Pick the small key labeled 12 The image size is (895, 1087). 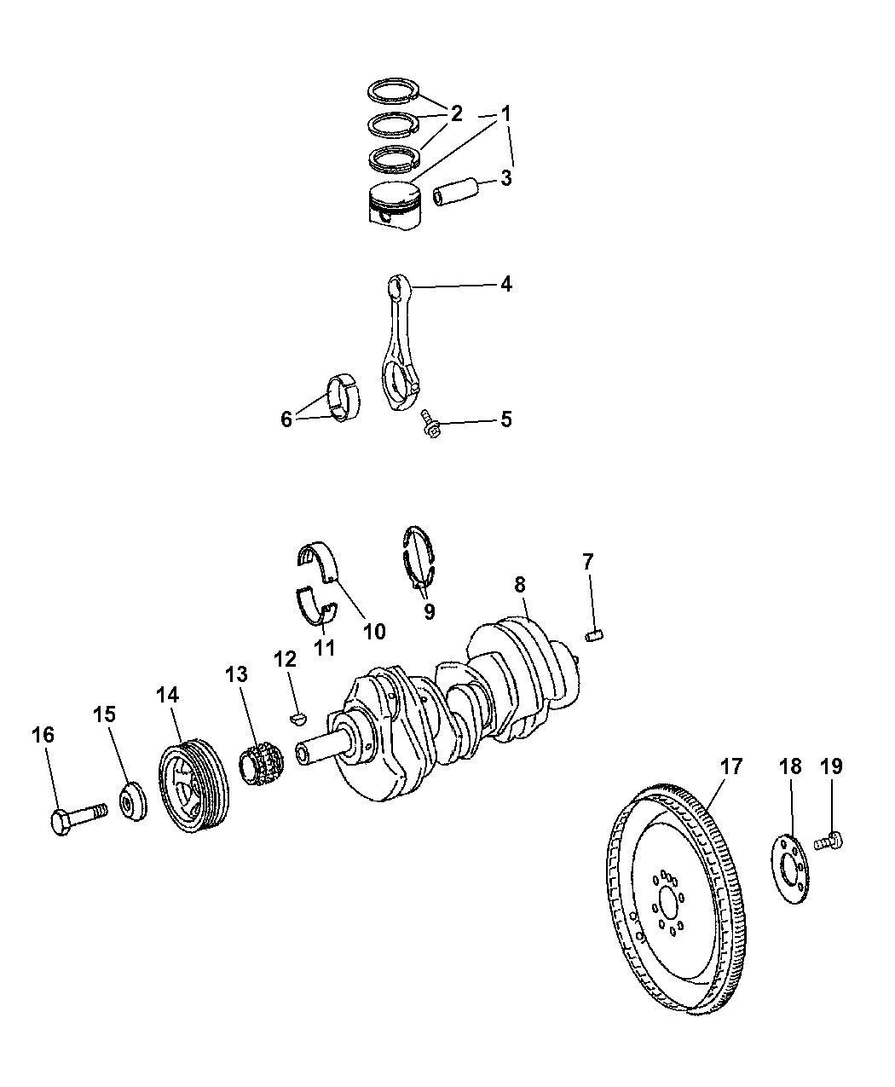pos(297,717)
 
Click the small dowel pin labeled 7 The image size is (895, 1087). pos(593,634)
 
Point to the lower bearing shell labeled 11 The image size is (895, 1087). pos(315,605)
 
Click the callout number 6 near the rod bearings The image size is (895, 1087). pos(287,419)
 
